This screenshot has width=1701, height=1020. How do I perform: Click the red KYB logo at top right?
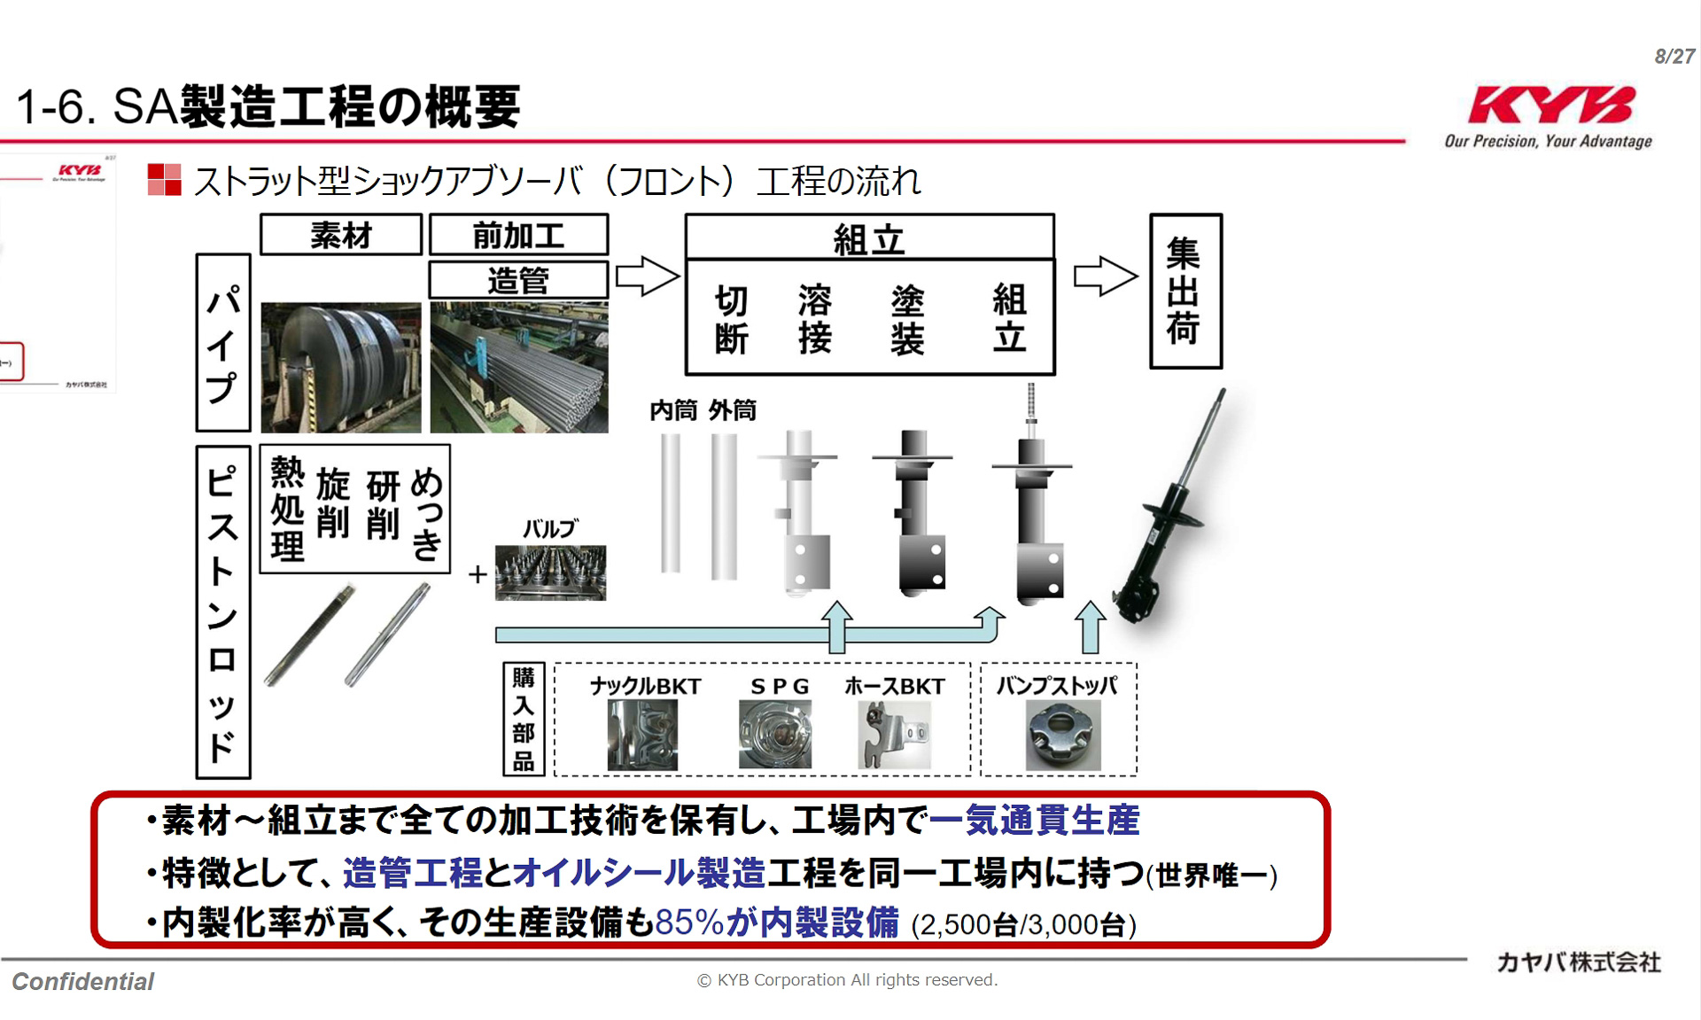(x=1550, y=105)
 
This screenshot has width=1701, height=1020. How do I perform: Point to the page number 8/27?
(x=1674, y=57)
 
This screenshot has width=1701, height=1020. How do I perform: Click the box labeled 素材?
(x=341, y=236)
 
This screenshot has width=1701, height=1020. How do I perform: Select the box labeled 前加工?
(x=519, y=236)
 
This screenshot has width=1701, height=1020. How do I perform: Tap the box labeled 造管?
(x=519, y=280)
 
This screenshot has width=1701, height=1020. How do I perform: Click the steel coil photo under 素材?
(x=341, y=367)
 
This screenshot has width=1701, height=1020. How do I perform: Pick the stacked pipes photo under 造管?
(x=519, y=367)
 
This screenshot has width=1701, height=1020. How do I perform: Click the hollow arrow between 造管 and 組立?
(x=648, y=276)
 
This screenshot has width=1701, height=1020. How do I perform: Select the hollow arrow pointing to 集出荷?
(x=1105, y=276)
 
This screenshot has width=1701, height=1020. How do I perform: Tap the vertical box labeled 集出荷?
(x=1185, y=291)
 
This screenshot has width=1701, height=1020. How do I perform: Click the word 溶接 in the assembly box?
(x=815, y=319)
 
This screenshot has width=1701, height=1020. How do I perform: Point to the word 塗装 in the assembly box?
(x=907, y=319)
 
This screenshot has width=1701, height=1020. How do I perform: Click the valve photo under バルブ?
(x=550, y=572)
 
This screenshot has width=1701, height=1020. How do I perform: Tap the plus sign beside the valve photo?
(x=478, y=574)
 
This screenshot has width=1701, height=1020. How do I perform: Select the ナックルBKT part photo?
(x=642, y=735)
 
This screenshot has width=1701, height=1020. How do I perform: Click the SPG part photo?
(x=775, y=735)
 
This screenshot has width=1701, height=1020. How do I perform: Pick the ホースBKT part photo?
(x=895, y=735)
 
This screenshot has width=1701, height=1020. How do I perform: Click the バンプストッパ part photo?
(x=1063, y=735)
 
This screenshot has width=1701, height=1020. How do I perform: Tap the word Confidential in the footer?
(x=83, y=982)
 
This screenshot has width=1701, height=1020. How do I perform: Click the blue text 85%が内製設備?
(x=777, y=923)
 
